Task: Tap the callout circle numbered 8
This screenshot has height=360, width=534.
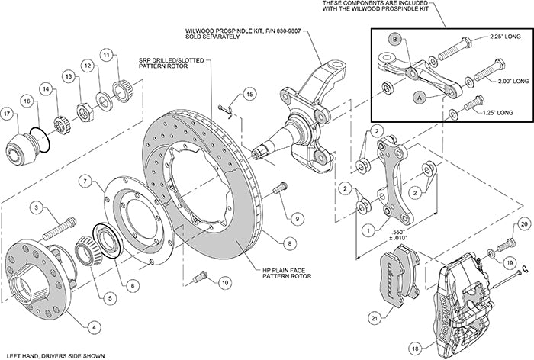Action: [288, 243]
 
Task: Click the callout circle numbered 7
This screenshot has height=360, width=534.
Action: [86, 182]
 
